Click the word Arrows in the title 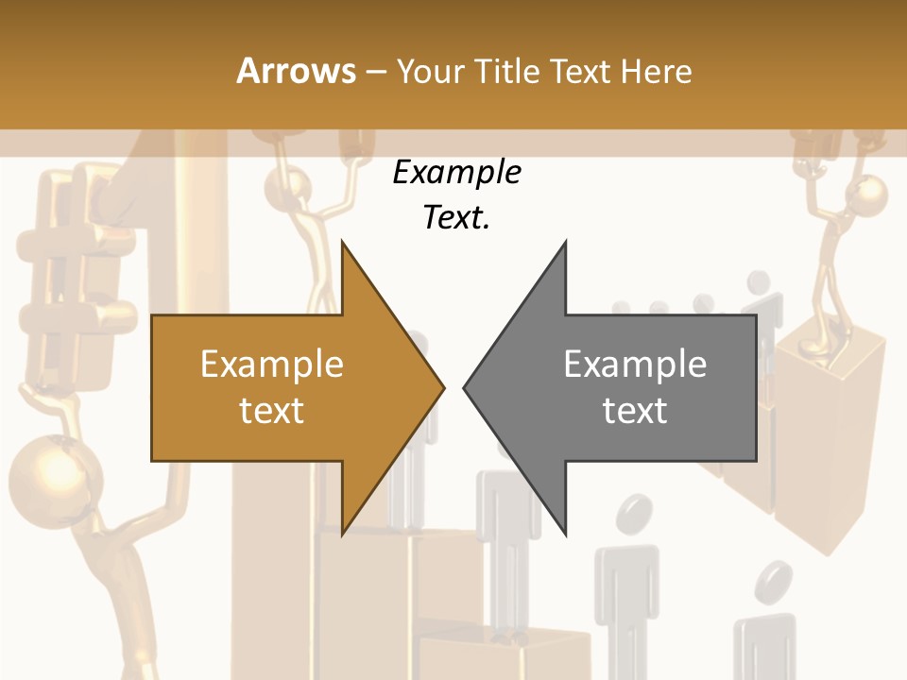point(296,71)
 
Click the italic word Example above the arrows point(456,173)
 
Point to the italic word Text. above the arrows point(456,218)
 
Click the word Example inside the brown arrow point(271,365)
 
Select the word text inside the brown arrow point(271,411)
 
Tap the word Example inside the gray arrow point(635,365)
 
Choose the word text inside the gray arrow point(635,411)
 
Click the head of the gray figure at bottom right point(777,578)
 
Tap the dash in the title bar point(375,71)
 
